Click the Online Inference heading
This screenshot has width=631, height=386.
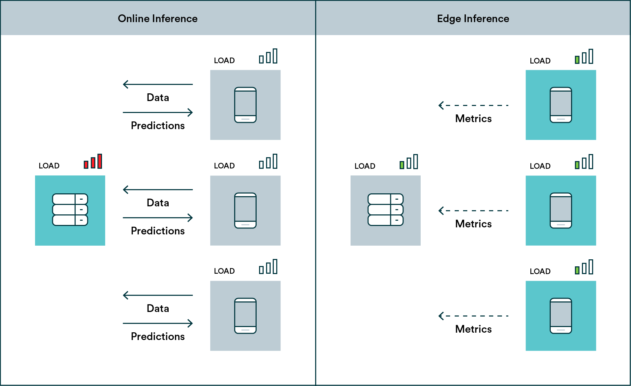tap(157, 18)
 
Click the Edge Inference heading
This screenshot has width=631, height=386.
tap(473, 18)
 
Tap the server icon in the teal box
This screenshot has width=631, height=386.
tap(70, 210)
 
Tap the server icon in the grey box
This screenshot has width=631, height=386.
tap(386, 210)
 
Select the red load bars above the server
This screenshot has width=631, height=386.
tap(93, 162)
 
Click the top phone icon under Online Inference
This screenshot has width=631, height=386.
tap(245, 105)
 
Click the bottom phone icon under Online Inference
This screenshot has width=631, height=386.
tap(245, 316)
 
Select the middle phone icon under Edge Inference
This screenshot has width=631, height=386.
tap(561, 211)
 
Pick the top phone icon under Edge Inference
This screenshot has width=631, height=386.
tap(561, 105)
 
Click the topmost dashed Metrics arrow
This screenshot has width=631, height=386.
tap(473, 105)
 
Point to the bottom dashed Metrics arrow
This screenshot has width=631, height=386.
tap(473, 316)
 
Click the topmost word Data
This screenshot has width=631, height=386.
tap(158, 98)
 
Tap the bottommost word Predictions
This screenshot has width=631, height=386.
tap(158, 337)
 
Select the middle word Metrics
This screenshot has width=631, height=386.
tap(473, 224)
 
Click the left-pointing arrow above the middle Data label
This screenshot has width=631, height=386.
tap(158, 189)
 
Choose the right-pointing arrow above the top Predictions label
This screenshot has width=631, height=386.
tap(158, 112)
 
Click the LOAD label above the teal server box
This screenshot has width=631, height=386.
tap(49, 166)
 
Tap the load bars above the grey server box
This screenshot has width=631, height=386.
tap(409, 162)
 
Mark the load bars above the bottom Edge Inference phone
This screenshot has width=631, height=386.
tap(584, 267)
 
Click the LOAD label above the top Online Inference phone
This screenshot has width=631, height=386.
tap(224, 60)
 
